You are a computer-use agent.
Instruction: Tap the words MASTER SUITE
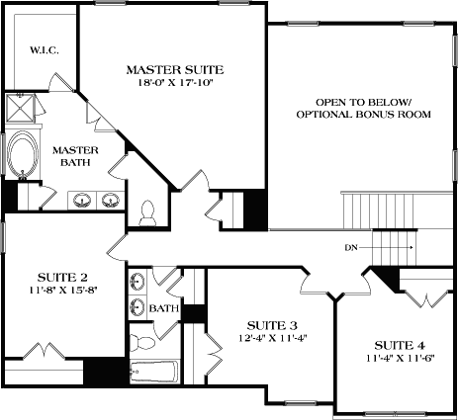tap(175, 69)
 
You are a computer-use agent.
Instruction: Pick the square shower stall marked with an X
tap(20, 107)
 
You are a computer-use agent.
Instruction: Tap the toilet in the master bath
tap(149, 210)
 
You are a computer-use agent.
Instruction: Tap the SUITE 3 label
tap(270, 325)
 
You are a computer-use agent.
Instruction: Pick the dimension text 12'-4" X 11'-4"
tap(270, 340)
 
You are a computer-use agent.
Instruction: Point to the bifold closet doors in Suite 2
tap(46, 351)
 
